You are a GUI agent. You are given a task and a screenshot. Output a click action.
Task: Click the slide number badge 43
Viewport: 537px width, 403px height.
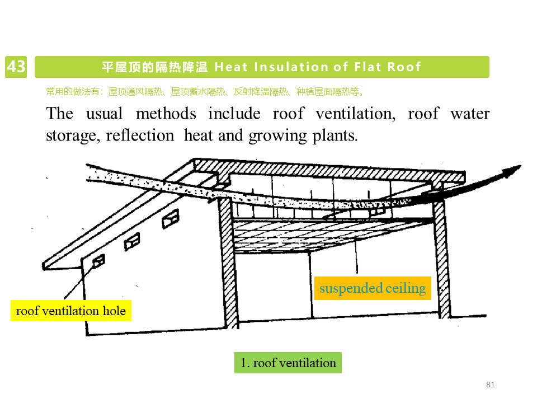16,67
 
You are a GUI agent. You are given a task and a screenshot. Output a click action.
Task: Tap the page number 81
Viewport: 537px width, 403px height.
491,385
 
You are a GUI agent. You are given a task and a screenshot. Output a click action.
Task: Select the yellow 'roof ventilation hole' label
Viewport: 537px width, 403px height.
70,311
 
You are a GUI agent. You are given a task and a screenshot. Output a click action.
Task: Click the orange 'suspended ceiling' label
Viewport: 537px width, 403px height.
373,288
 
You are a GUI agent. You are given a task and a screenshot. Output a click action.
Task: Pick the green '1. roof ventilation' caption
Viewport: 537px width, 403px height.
288,363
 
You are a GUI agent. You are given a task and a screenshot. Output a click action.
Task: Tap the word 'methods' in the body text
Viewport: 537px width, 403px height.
166,114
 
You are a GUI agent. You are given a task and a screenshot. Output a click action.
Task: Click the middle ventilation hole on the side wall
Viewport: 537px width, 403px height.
132,241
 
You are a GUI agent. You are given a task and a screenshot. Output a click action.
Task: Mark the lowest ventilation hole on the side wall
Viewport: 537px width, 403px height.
98,261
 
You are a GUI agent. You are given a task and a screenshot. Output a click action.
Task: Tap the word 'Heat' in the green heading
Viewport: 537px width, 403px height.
231,67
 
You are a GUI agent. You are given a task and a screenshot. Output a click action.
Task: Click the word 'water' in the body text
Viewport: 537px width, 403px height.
470,114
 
